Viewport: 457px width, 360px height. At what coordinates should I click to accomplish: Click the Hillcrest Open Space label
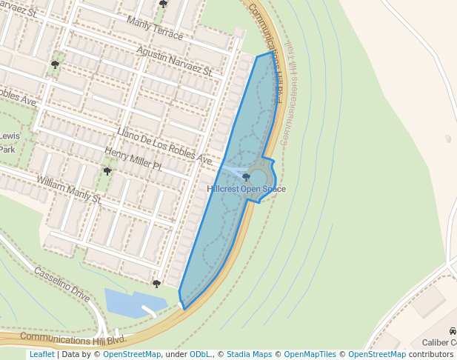(247, 189)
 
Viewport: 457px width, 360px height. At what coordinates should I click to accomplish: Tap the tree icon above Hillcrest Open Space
(247, 178)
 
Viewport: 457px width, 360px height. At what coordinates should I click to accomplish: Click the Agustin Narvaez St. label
(175, 61)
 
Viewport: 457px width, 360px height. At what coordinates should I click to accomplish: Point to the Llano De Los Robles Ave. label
(164, 145)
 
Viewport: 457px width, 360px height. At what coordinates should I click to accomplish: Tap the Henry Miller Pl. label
(133, 160)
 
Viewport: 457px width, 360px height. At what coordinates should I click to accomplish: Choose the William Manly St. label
(69, 190)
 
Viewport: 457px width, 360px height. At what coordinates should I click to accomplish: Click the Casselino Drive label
(62, 284)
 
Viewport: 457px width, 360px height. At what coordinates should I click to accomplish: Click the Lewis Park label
(9, 142)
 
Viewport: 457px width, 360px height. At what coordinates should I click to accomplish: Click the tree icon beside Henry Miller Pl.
(107, 171)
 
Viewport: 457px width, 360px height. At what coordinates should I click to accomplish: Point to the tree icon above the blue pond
(156, 283)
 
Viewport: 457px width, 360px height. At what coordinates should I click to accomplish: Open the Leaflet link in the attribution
(41, 355)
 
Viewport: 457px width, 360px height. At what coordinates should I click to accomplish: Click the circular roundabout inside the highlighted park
(258, 178)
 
